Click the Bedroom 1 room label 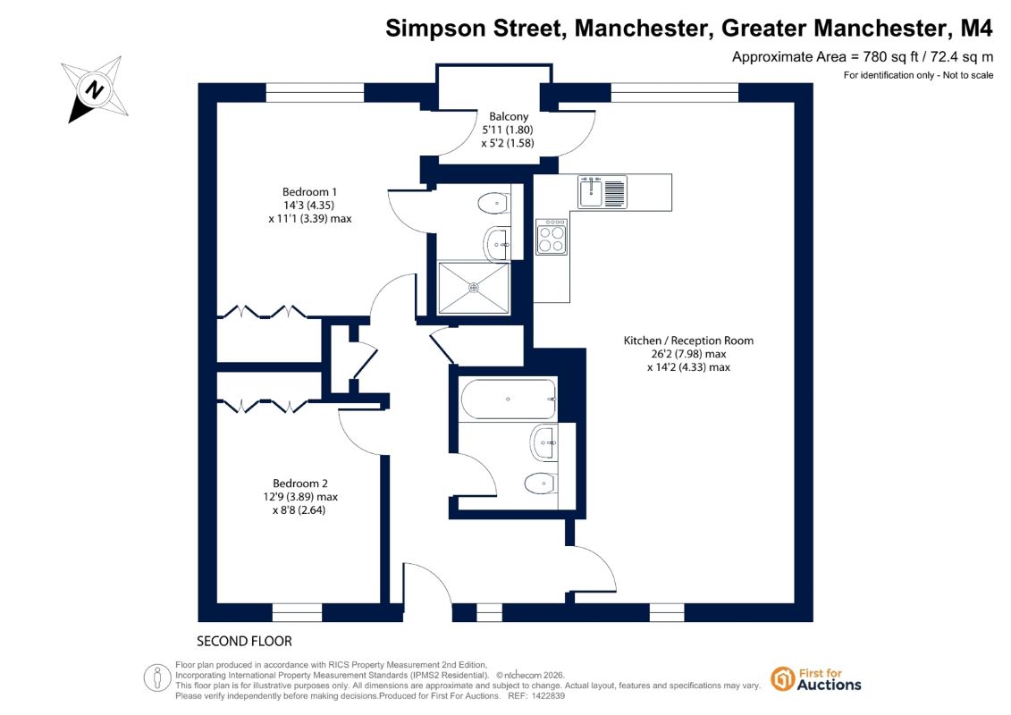point(309,191)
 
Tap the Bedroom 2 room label point(299,483)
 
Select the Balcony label point(509,116)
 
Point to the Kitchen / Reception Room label point(688,341)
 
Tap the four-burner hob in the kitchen point(552,237)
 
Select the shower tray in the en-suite point(474,288)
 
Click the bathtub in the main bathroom point(508,400)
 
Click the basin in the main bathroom point(544,443)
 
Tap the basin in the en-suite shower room point(496,244)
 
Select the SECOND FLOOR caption point(244,641)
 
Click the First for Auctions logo point(816,679)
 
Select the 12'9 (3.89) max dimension point(300,496)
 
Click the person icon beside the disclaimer point(156,678)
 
